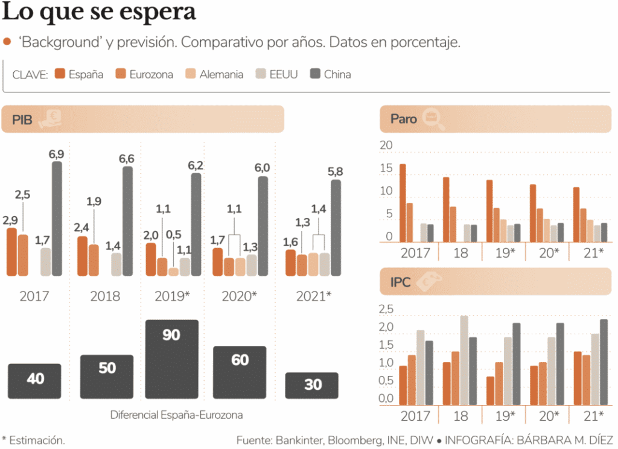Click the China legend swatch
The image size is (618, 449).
(315, 74)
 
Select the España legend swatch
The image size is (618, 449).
(60, 74)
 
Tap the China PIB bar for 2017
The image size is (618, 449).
(57, 218)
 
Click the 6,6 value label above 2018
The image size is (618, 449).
(126, 159)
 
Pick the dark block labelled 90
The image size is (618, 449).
(171, 358)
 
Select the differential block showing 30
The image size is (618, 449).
(313, 385)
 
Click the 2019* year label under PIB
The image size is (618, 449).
(172, 296)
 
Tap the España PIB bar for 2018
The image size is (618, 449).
(82, 256)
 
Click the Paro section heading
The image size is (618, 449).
(404, 119)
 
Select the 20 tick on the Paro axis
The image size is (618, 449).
(385, 145)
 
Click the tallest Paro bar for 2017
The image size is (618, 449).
(403, 202)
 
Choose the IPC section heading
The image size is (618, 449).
(401, 282)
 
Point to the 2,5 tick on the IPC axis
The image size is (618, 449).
(385, 310)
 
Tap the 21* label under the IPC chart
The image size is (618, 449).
(593, 416)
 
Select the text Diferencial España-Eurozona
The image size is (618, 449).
(176, 415)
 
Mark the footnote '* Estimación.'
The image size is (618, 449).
(34, 440)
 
